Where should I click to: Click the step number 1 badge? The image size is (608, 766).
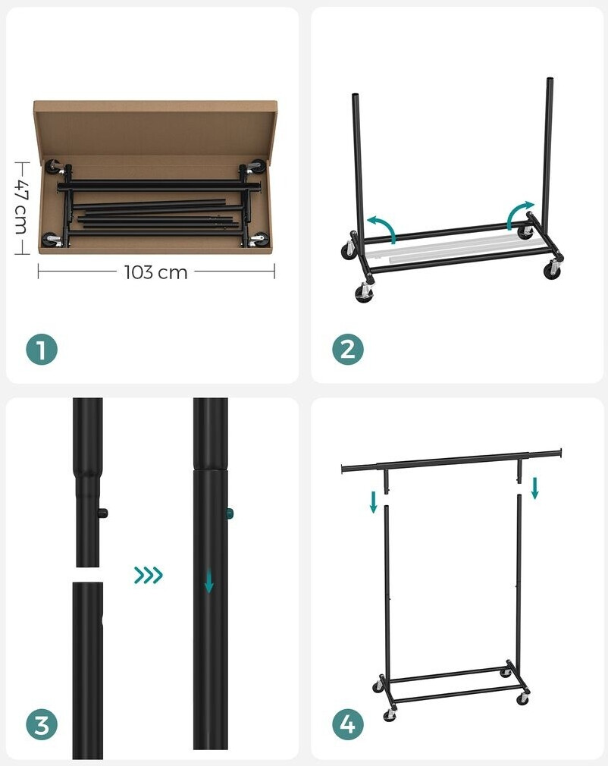42,350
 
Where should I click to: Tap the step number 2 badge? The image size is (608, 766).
348,350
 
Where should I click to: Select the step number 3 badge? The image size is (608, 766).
42,724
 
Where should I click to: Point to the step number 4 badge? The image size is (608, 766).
348,724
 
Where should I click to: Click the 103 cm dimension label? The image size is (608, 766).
155,272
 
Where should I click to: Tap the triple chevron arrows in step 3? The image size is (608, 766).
148,575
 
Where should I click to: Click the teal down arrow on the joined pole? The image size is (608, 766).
209,581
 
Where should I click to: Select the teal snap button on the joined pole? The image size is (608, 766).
230,514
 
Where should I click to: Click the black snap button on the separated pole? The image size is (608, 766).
102,514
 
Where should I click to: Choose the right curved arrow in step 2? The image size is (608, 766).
519,214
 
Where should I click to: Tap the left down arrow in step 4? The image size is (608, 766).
374,503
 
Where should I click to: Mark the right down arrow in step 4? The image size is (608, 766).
534,488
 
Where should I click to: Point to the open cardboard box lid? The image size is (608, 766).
155,128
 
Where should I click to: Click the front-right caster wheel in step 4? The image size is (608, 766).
523,699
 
